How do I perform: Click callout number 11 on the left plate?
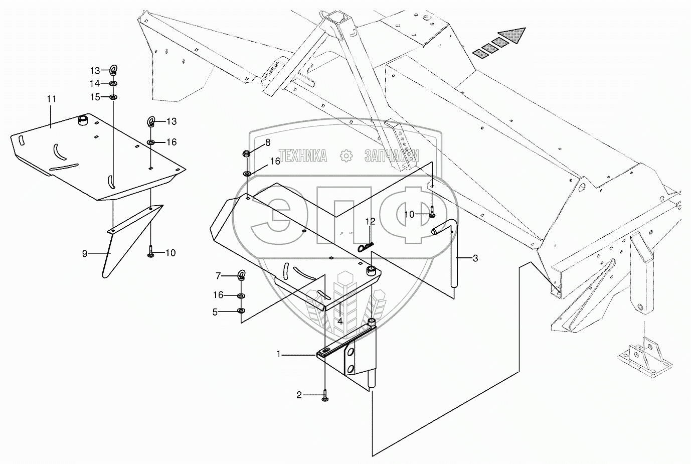click(52, 99)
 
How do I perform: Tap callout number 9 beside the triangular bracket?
click(85, 254)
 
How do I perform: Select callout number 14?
click(95, 83)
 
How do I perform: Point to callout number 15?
click(95, 96)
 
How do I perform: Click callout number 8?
click(268, 142)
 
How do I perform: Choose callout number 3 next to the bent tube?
click(475, 259)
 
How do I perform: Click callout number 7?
click(218, 275)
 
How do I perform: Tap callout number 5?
click(215, 312)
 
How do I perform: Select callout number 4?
click(339, 321)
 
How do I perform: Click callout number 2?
click(299, 395)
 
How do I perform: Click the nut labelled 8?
click(247, 153)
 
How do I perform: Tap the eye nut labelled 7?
click(242, 274)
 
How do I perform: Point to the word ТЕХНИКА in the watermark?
click(302, 156)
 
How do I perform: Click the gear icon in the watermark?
click(346, 156)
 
